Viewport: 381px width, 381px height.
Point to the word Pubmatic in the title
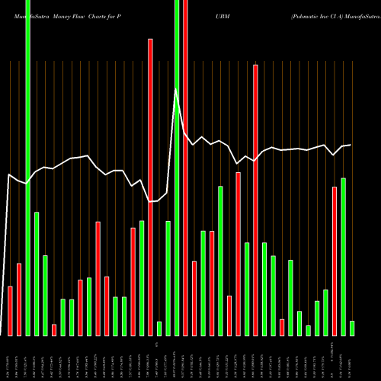pos(309,14)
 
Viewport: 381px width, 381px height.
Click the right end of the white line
pos(351,145)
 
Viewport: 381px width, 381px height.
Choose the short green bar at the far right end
pos(352,328)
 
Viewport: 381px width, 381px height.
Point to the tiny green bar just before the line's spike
pos(159,328)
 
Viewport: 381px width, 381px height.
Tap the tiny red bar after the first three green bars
pos(54,329)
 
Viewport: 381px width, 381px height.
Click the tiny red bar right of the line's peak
pos(282,327)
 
